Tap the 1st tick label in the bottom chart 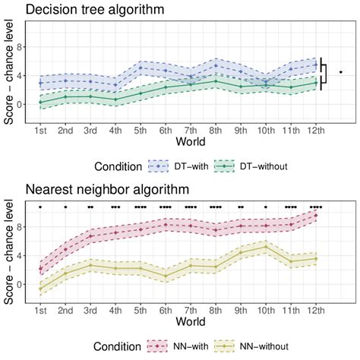(x=40, y=310)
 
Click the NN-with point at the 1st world (x=40, y=268)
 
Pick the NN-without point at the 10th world (x=266, y=247)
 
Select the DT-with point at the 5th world (x=141, y=68)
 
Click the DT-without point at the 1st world (x=40, y=102)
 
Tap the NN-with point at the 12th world (x=316, y=215)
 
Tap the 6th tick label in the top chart (x=166, y=130)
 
